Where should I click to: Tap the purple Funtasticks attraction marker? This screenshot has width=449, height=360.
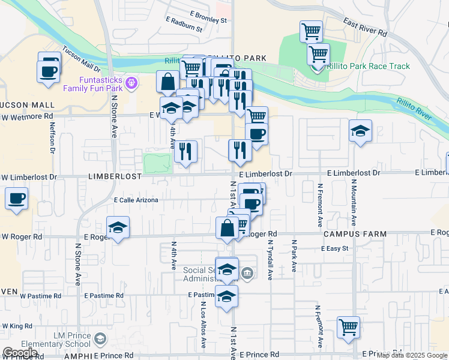click(x=133, y=82)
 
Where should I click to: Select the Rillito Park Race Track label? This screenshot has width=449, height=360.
click(x=369, y=66)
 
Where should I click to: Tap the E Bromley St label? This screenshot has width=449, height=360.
click(x=207, y=20)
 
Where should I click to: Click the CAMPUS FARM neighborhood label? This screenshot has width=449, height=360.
click(x=348, y=233)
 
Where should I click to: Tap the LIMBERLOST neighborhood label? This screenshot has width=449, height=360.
click(x=115, y=176)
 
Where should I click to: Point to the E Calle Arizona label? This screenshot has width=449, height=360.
click(x=136, y=200)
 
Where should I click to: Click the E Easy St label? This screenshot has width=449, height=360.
click(x=335, y=248)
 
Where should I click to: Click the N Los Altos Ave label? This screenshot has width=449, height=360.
click(x=203, y=323)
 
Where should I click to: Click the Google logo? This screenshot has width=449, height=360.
click(x=20, y=353)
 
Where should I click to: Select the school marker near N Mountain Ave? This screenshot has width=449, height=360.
click(x=360, y=131)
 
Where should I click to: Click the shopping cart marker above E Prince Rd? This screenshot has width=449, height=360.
click(x=348, y=327)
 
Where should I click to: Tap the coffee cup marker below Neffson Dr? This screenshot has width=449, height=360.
click(x=16, y=198)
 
